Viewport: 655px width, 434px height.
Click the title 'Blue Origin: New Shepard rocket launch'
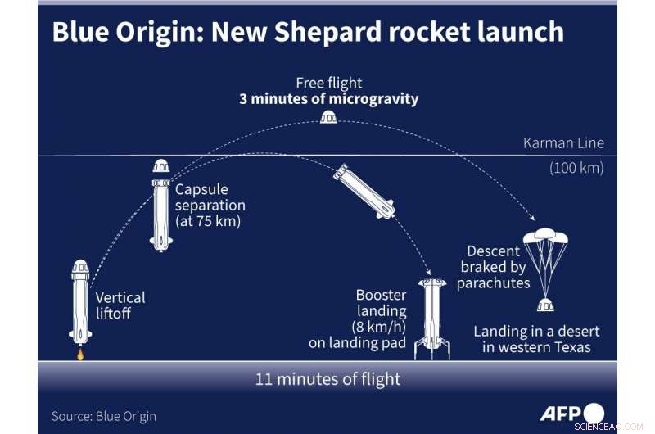(307, 32)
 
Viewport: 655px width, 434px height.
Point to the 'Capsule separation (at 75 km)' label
(210, 205)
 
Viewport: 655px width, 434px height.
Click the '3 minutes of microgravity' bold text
(328, 99)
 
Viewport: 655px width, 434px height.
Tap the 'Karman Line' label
(563, 143)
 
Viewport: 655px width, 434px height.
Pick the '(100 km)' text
(576, 169)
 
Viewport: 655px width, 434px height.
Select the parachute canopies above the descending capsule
(544, 240)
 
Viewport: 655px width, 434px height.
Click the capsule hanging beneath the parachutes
(544, 305)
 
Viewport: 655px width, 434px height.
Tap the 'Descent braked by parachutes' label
(494, 267)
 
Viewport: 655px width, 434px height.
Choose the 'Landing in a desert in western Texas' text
(536, 339)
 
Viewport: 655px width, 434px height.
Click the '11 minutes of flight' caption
(327, 379)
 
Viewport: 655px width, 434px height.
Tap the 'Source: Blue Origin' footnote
(104, 416)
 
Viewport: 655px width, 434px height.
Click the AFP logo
(571, 413)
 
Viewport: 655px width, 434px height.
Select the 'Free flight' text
(329, 83)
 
